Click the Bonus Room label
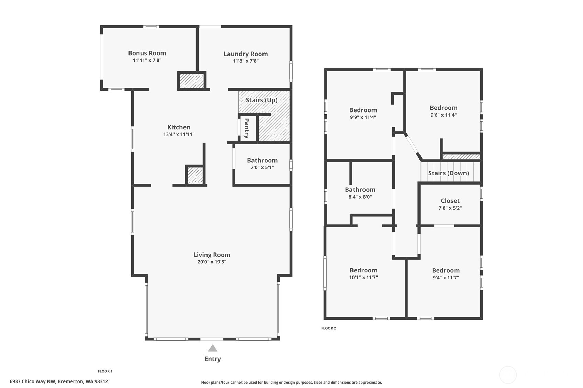tap(147, 53)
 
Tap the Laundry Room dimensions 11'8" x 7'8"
tap(245, 61)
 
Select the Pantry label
tap(247, 128)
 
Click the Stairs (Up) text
tap(261, 100)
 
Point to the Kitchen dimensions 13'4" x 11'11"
tap(179, 134)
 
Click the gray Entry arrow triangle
tap(213, 349)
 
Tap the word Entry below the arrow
tap(213, 359)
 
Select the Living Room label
tap(212, 255)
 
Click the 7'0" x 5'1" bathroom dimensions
tap(262, 167)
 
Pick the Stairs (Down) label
tap(448, 173)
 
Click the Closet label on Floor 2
tap(450, 201)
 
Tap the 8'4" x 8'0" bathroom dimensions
tap(360, 197)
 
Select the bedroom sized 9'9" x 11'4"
tap(363, 113)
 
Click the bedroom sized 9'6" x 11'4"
tap(443, 111)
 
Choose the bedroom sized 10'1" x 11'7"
tap(363, 273)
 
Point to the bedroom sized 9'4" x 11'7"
tap(446, 273)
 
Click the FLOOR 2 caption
tap(328, 328)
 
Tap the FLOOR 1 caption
tap(105, 371)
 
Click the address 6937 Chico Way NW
tap(59, 381)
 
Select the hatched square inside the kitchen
tap(195, 175)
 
